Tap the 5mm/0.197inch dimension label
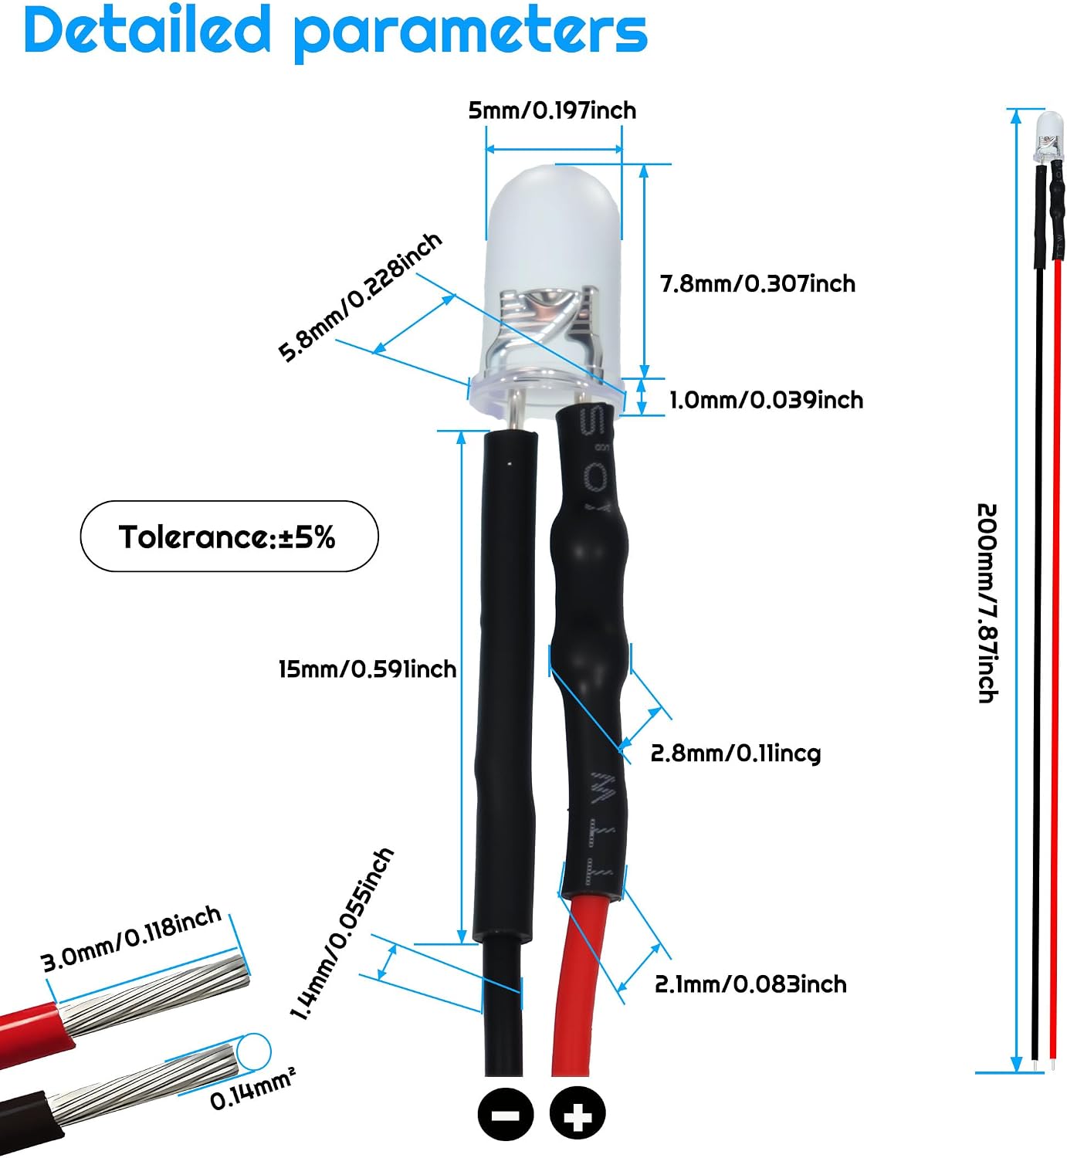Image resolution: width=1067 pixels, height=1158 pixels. click(x=552, y=110)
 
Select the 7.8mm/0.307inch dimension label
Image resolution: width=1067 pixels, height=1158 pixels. click(x=757, y=284)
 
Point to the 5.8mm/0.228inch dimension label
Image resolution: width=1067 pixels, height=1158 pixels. click(x=361, y=297)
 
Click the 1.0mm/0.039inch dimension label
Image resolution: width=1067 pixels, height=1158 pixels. click(x=766, y=400)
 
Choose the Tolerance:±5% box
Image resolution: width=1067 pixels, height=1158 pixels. click(x=229, y=537)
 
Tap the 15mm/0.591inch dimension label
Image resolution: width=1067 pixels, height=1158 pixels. click(x=368, y=669)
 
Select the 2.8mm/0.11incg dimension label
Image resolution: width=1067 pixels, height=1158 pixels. click(x=736, y=754)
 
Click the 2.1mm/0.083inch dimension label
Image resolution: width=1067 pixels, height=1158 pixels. click(x=750, y=984)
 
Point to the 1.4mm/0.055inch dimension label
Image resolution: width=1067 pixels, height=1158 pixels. click(x=342, y=934)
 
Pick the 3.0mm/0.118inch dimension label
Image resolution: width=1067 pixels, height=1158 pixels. click(x=131, y=939)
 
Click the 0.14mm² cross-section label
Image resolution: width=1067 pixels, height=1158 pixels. click(x=252, y=1090)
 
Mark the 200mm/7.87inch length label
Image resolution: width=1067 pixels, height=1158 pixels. click(x=987, y=603)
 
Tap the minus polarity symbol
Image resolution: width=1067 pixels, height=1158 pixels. click(x=506, y=1114)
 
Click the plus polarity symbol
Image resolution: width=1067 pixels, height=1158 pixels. click(x=578, y=1114)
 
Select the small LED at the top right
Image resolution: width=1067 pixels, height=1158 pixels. click(x=1048, y=137)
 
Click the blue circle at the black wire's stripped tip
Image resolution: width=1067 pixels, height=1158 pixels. click(x=254, y=1051)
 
